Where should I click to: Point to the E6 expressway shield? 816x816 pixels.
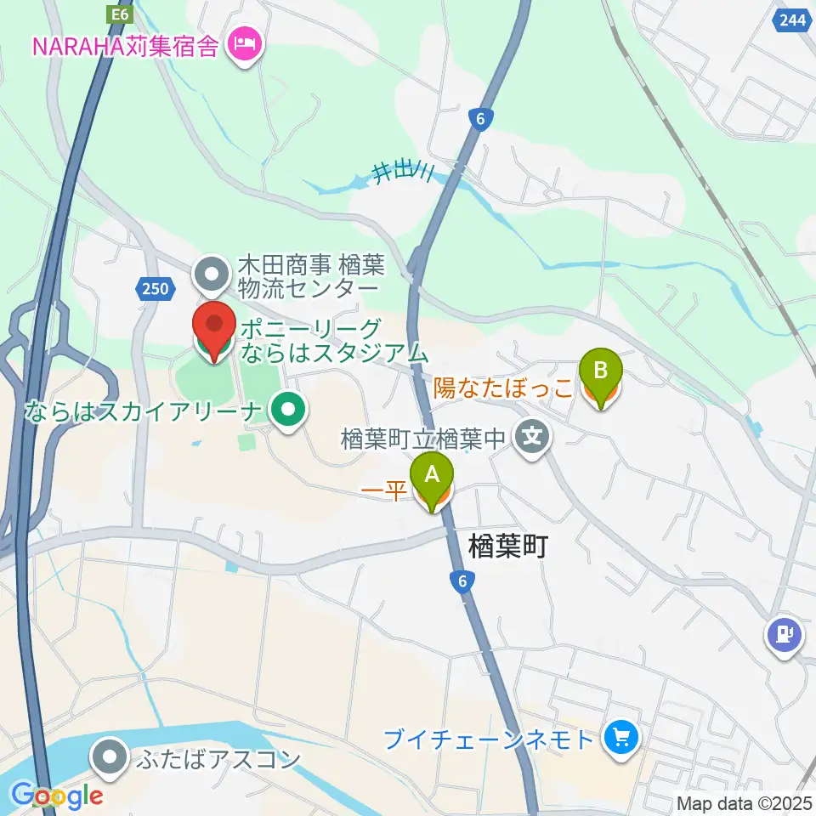click(x=117, y=14)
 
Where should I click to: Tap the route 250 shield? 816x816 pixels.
click(x=155, y=289)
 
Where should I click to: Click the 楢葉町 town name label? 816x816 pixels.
click(x=507, y=546)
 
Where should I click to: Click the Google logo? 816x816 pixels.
click(x=57, y=795)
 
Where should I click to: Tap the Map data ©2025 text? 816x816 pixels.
click(x=744, y=802)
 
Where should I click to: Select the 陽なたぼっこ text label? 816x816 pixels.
click(x=503, y=388)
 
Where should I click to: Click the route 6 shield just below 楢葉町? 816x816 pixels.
click(x=462, y=581)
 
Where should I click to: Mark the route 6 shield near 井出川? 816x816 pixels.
click(x=481, y=120)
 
